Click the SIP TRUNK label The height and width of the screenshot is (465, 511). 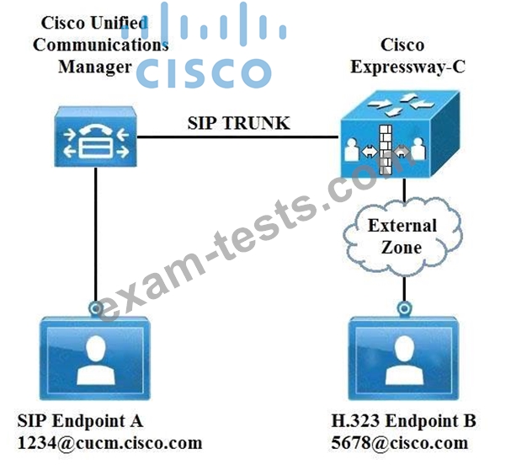(x=238, y=123)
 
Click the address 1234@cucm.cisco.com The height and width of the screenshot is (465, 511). (x=110, y=442)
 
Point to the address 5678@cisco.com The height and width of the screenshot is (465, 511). (x=401, y=442)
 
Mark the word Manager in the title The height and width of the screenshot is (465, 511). (x=94, y=66)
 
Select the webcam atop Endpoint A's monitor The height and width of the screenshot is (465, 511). (x=98, y=307)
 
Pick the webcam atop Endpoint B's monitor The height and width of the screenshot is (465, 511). (x=405, y=307)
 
